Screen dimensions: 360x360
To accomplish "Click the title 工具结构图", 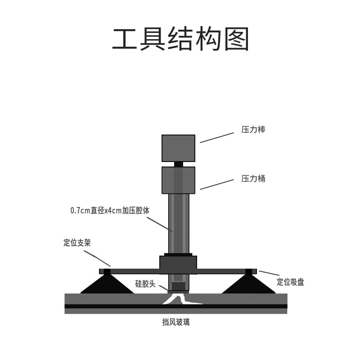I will tap(180, 40).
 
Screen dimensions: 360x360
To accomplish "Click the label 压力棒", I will tap(253, 130).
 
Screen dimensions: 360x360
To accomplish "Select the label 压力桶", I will tap(253, 179).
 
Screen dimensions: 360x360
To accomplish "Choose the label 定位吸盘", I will tap(290, 282).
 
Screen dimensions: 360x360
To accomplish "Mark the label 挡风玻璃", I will tap(176, 322).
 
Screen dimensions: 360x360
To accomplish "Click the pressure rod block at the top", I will tap(178, 148).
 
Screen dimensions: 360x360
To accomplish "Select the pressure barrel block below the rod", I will tap(178, 180).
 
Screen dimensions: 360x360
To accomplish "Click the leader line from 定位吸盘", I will tap(269, 273).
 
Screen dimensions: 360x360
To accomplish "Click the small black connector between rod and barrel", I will tap(179, 164).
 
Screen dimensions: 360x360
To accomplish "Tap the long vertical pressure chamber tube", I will tap(179, 223).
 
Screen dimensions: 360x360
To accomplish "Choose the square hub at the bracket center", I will tap(178, 265).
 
